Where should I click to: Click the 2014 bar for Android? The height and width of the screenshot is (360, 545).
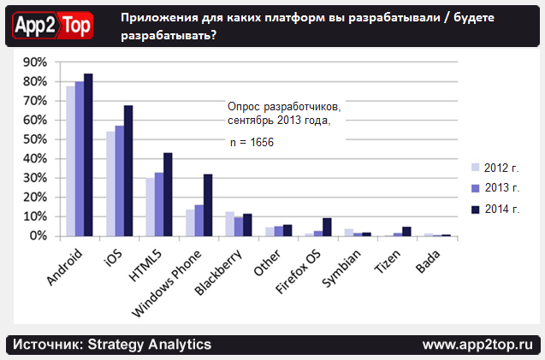coord(88,155)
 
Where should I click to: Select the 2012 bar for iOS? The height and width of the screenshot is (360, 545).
coord(110,184)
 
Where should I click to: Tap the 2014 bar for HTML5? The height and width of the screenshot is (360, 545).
coord(168,194)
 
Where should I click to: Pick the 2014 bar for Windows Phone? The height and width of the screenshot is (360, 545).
coord(208,205)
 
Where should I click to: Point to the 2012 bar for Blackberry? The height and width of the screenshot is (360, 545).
coord(229,224)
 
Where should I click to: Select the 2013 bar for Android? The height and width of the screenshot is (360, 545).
coord(80,159)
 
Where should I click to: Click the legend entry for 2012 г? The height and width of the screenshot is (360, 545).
coord(497,166)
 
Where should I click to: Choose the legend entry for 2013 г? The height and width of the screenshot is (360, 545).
coord(497,187)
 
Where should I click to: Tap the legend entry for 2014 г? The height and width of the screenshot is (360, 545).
coord(497,209)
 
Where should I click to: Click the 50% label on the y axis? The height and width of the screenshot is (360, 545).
coord(35,139)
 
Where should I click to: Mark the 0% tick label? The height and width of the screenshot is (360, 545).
coord(39,236)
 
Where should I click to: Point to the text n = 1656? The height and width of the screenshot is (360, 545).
coord(252,142)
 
